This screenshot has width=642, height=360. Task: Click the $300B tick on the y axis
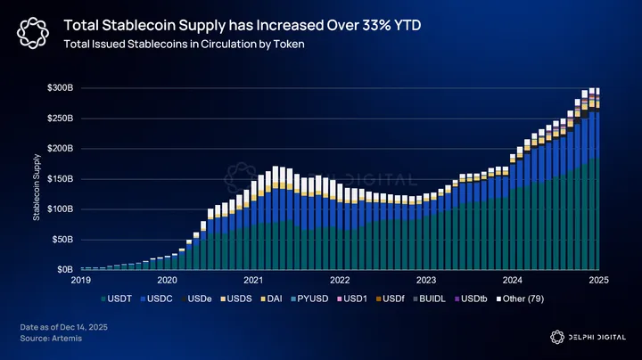click(x=61, y=87)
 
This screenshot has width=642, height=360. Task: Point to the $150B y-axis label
click(x=61, y=178)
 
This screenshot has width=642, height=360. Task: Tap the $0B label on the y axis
click(x=65, y=269)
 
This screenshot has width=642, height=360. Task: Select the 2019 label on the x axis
click(x=82, y=279)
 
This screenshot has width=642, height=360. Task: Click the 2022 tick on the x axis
click(x=340, y=279)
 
